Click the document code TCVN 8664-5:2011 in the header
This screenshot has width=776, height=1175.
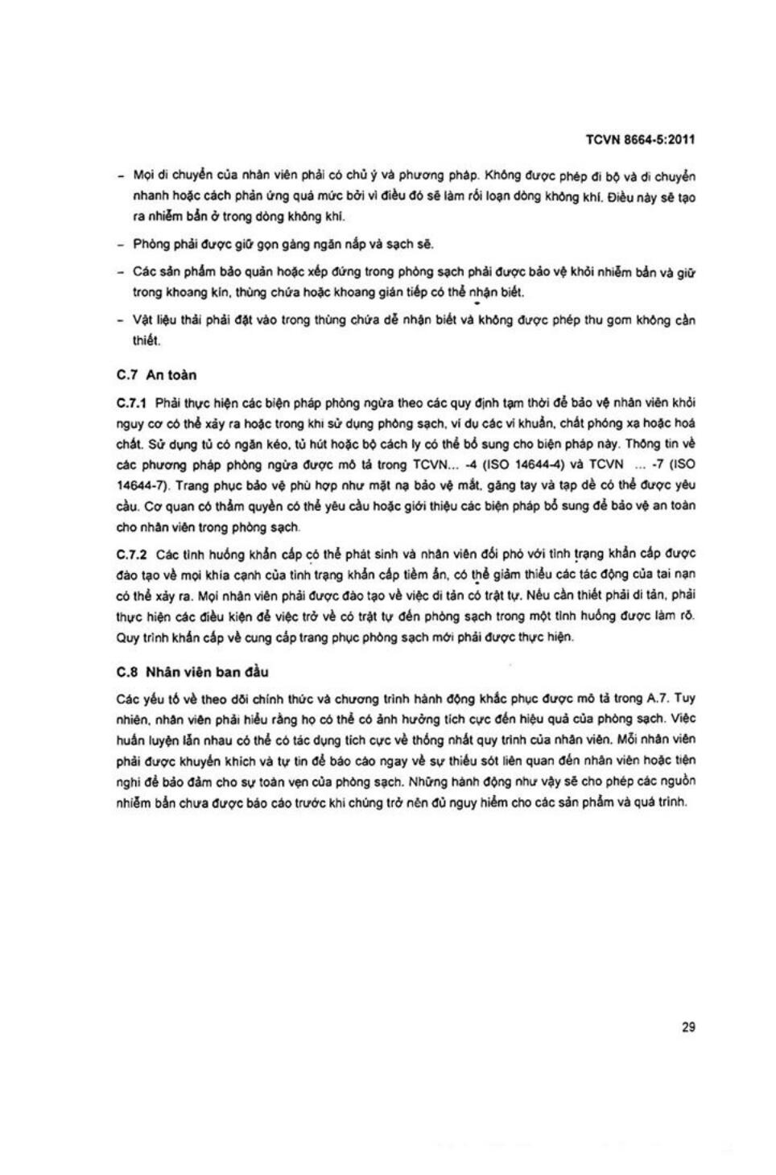click(x=640, y=139)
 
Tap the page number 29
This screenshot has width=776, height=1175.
click(x=687, y=1027)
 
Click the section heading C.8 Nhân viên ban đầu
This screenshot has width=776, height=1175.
click(x=193, y=672)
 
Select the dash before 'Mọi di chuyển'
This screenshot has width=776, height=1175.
click(x=121, y=176)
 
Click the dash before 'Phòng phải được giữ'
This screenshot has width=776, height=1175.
click(x=121, y=245)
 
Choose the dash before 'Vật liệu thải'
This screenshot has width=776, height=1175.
click(x=121, y=320)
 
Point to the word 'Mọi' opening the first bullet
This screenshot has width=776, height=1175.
click(x=143, y=176)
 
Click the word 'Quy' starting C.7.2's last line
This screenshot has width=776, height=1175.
click(x=127, y=637)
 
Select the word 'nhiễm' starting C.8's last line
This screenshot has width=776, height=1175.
click(x=133, y=802)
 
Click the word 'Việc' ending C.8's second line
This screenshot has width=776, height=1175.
click(x=683, y=719)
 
